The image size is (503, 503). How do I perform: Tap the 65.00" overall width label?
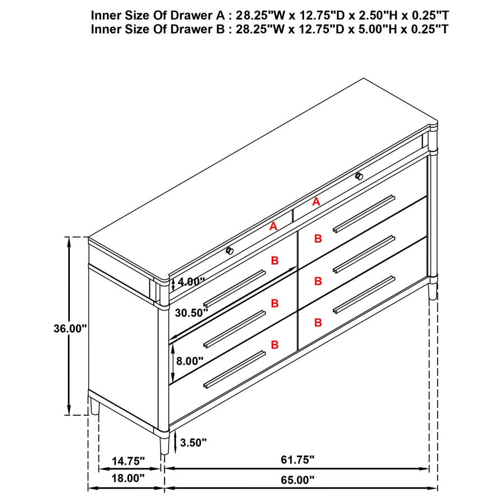click(297, 479)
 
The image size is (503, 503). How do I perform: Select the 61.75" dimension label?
click(297, 459)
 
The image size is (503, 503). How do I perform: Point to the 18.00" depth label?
click(127, 478)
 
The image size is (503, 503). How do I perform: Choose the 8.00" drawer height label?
click(189, 361)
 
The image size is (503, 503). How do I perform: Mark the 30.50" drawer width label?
click(191, 313)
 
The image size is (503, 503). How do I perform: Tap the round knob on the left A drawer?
click(229, 251)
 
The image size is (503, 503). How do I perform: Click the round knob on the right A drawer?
click(359, 177)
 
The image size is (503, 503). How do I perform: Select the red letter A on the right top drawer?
click(316, 202)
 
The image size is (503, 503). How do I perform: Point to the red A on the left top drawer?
click(273, 226)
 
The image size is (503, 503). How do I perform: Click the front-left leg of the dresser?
click(164, 446)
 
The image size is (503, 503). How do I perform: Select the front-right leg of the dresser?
click(432, 290)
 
